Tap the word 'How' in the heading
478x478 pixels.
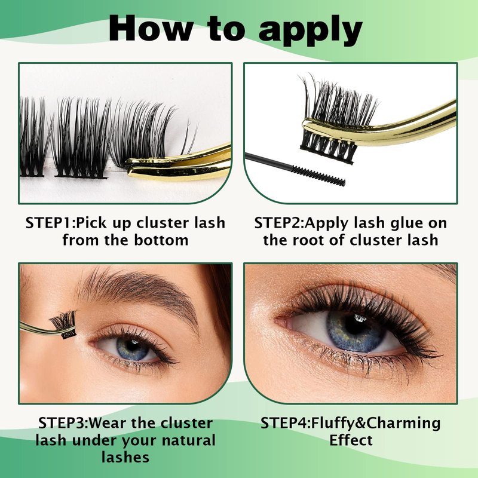coord(151,28)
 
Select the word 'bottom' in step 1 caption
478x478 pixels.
coord(161,240)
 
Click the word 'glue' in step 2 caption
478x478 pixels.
coord(398,223)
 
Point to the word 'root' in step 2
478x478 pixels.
coord(310,240)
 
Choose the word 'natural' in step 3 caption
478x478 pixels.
coord(189,440)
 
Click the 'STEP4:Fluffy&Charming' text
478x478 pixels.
coord(351,424)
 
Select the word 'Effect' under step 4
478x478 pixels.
coord(351,440)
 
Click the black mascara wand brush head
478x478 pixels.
coord(318,175)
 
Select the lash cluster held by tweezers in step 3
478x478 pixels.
coord(65,324)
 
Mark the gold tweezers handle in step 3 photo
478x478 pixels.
coord(39,329)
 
